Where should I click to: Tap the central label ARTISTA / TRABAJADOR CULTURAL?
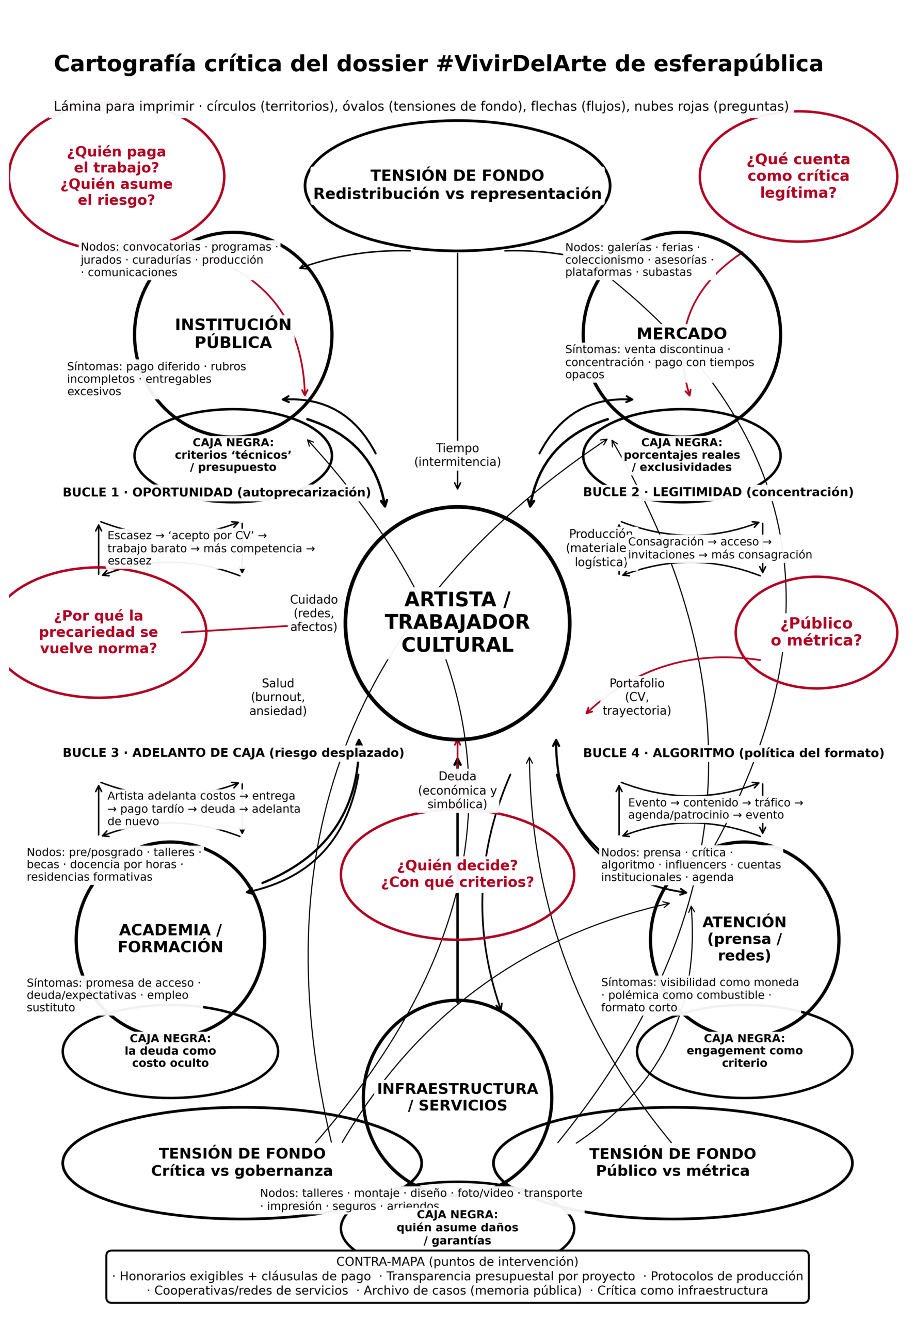pos(457,622)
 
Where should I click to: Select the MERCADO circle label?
pos(681,333)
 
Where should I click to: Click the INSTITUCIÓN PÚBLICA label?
pos(233,333)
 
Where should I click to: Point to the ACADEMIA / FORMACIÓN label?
pos(170,938)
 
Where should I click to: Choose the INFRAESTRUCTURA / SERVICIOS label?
pos(457,1097)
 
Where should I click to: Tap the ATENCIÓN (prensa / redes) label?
pos(744,938)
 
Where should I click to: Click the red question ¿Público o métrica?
pos(816,632)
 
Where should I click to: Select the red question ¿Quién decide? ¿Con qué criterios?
pos(457,874)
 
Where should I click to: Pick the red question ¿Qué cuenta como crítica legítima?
pos(798,176)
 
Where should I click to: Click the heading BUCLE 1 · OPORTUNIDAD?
pos(216,492)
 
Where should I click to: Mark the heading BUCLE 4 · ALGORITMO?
pos(733,752)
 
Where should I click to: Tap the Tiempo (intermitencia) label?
pos(457,455)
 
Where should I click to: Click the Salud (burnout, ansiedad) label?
pos(278,697)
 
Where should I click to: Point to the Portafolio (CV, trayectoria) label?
pos(636,697)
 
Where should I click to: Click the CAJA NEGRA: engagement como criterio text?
pos(744,1051)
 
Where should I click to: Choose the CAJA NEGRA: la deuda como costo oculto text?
pos(170,1051)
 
